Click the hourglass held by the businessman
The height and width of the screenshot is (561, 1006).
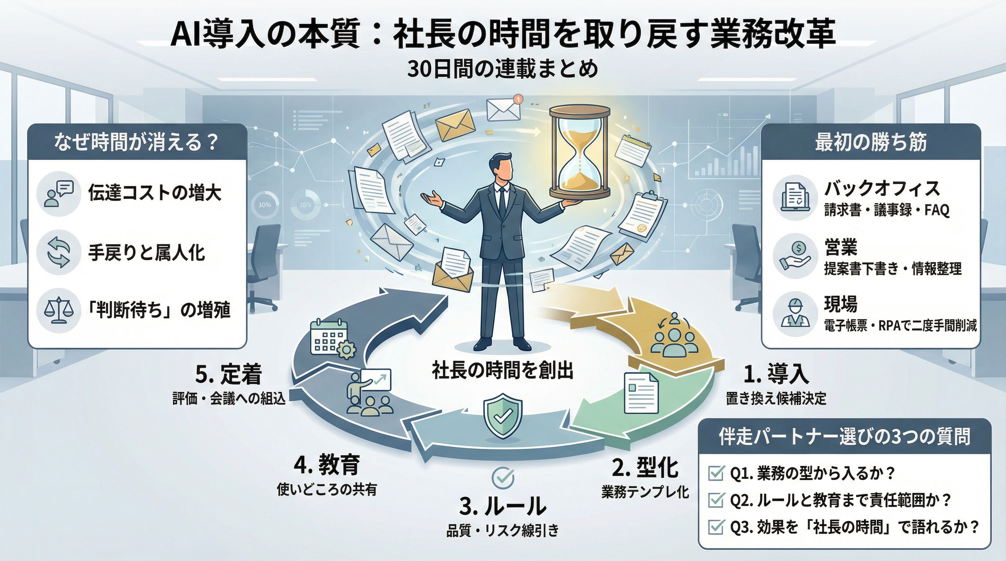(579, 152)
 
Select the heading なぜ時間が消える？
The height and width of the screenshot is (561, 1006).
(136, 142)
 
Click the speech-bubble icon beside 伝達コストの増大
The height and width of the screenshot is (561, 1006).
(59, 194)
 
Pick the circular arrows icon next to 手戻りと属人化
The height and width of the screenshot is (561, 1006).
(58, 252)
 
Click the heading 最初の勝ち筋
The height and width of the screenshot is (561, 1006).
(870, 142)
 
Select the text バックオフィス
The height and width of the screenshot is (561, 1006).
(882, 189)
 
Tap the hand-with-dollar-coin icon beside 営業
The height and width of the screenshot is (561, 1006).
(795, 256)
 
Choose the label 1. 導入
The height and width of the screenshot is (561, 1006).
(776, 373)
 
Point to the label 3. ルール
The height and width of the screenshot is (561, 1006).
(503, 506)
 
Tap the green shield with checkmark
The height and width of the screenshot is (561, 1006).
(503, 416)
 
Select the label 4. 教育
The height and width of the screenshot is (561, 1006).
(326, 465)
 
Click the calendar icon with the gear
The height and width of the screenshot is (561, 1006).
(332, 339)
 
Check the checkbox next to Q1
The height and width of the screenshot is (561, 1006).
(716, 473)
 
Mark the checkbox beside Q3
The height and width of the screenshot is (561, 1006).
(716, 527)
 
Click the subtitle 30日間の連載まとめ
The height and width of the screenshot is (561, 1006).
(503, 69)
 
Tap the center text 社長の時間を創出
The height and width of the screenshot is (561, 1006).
(503, 370)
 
